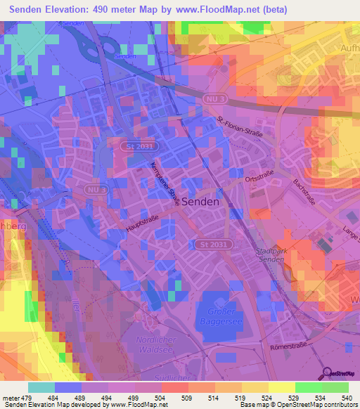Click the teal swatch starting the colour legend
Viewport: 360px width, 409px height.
point(41,387)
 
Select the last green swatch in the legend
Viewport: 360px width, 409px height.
point(335,387)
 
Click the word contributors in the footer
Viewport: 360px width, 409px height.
point(340,405)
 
